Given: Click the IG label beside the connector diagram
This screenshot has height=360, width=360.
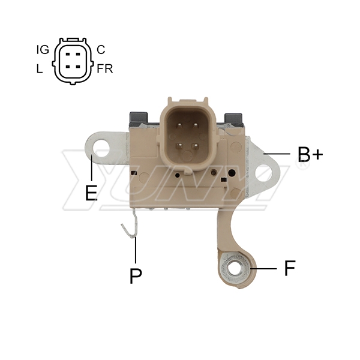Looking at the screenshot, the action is point(43,49).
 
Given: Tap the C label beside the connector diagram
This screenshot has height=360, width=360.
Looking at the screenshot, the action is point(101,49).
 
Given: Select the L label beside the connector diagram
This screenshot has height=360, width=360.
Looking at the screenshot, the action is point(40,68).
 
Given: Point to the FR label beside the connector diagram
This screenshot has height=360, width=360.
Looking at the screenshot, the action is point(105,68).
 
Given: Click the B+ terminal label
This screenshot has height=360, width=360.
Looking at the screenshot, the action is point(310,154).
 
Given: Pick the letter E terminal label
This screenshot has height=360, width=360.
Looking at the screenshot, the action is point(91,193).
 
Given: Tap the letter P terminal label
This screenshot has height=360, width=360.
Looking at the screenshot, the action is point(136,275).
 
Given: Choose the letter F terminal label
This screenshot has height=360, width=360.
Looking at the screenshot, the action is point(290,268).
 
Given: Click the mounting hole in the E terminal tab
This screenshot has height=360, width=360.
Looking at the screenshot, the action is point(101,148).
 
